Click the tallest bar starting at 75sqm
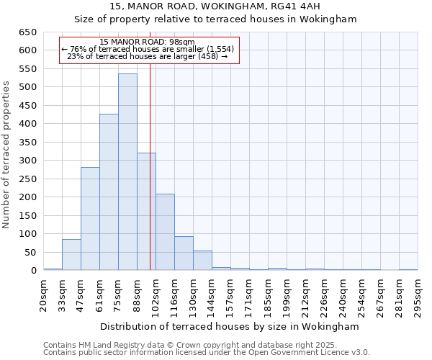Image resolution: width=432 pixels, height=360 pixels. coord(127,172)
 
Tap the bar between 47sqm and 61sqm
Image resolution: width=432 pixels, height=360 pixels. coord(90,219)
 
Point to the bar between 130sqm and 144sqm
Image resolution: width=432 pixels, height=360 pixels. coord(202,261)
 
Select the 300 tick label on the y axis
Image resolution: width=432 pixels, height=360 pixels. coord(28,161)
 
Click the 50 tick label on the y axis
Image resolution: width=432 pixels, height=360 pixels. coord(31,252)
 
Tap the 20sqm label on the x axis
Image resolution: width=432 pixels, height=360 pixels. coord(43,294)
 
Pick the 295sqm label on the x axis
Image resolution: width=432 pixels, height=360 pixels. coord(418,294)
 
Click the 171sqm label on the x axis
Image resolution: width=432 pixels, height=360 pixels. coord(249,294)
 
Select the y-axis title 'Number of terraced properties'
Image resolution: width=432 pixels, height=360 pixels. coord(6,155)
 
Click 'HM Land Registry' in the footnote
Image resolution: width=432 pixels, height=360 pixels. coord(109,345)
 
